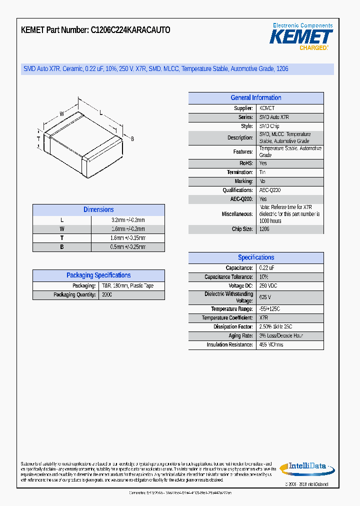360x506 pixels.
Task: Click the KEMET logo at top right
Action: coord(301,36)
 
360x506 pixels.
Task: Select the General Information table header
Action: coord(255,98)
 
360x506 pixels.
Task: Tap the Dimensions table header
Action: coord(98,210)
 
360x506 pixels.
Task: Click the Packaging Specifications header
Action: coord(98,275)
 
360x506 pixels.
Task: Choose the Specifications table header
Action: coord(255,257)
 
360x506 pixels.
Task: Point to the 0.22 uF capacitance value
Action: coord(267,268)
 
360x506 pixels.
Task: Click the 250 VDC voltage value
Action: coord(268,286)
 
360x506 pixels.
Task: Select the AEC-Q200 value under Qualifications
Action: coord(270,190)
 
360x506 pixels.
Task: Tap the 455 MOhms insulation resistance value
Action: coord(271,345)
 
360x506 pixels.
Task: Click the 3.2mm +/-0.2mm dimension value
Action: coord(128,220)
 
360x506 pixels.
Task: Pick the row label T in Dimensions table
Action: coord(62,238)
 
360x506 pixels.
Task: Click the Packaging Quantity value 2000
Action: coord(107,295)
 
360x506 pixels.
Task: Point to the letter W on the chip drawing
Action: coord(62,114)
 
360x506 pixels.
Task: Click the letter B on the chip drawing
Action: coord(132,138)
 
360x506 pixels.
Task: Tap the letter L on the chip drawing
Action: coord(101,113)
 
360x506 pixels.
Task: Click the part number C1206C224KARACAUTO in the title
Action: coord(130,30)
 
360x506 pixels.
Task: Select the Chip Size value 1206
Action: coord(264,229)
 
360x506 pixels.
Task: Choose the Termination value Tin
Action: coord(262,172)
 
